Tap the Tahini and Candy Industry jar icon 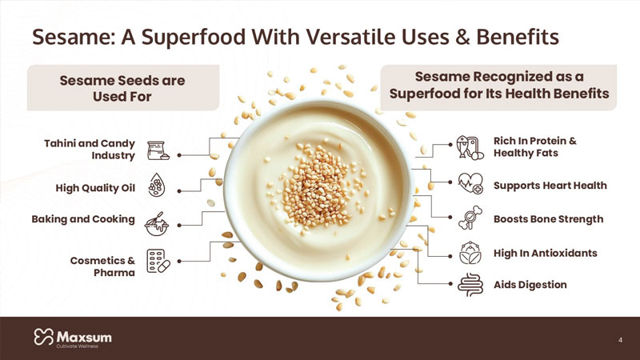158,150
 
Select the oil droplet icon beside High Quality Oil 156,185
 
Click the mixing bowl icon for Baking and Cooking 156,224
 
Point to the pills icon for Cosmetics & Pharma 158,261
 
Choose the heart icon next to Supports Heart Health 470,183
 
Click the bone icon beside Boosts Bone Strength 470,218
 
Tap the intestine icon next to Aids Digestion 470,285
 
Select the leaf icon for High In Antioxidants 470,253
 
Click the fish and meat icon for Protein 470,148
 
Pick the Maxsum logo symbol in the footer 44,337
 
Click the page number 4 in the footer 621,340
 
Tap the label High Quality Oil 95,188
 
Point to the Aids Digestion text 530,285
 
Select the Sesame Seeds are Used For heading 122,89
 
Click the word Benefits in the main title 517,38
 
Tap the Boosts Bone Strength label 548,219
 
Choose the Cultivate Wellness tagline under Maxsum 78,346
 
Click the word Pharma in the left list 114,273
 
